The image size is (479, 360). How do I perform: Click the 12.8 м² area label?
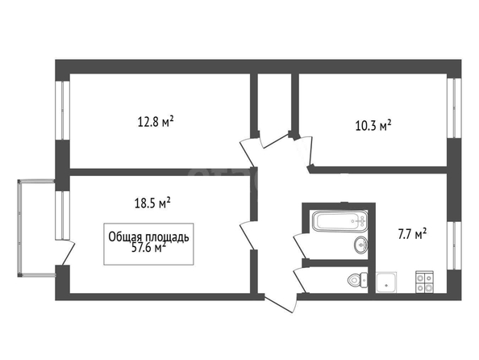coord(156,122)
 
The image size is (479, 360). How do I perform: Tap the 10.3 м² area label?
coord(373,126)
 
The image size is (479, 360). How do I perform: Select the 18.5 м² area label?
coord(152,203)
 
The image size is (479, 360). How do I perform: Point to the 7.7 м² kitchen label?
coord(412,234)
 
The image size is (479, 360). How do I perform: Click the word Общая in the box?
coord(126,237)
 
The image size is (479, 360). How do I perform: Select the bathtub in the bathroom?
coord(339,220)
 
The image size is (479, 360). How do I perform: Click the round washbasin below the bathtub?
coord(361,245)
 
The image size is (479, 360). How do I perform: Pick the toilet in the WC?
coord(357,279)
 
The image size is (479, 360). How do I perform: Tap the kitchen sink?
coord(386,282)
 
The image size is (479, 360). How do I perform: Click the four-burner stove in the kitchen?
coord(424,282)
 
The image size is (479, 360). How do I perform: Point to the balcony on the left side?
coord(36,228)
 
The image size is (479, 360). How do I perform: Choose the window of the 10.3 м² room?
coord(454,108)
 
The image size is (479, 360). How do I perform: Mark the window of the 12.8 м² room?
coord(62,111)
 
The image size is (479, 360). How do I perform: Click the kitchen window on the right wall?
coord(454,245)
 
